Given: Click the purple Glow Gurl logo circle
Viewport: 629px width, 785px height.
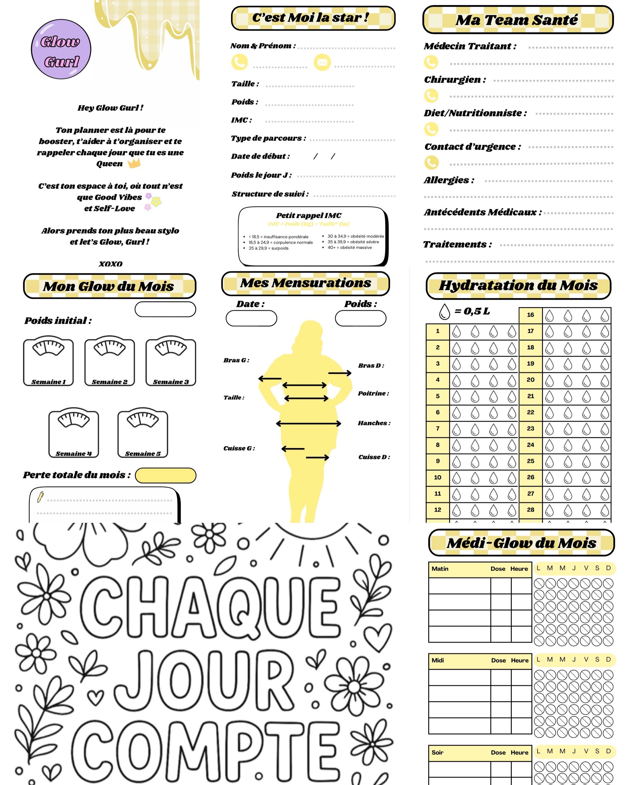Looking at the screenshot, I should tap(61, 49).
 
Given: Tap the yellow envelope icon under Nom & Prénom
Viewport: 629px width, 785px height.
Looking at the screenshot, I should tap(322, 62).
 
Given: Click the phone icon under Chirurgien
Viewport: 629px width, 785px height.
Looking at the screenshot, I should tap(431, 96).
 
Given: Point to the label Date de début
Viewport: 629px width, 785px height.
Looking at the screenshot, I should tap(260, 156).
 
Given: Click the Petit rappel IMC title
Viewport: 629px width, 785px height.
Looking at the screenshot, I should tap(308, 215).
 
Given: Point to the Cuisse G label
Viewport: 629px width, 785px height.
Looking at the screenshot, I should tap(239, 448).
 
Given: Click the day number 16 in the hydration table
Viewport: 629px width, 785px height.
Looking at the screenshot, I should tap(530, 315).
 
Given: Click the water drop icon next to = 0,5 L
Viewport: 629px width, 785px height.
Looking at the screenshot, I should tap(444, 312).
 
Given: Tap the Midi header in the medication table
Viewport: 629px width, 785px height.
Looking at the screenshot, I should tap(438, 660).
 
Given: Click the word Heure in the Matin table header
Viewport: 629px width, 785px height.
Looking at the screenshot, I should tap(519, 569).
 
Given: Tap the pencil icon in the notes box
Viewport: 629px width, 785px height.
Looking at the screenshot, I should tap(41, 497).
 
